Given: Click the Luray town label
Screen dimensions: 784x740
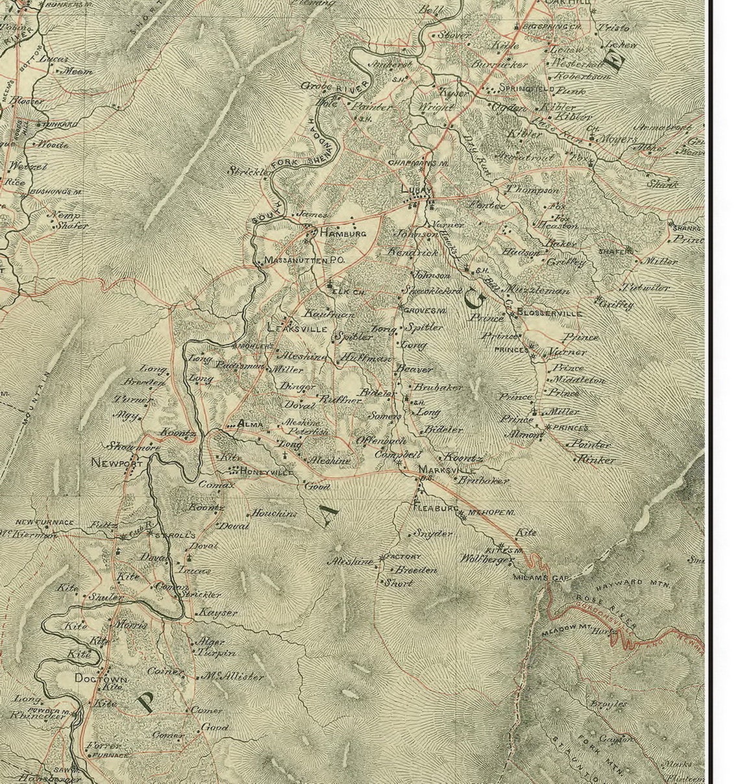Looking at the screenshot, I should tap(416, 190).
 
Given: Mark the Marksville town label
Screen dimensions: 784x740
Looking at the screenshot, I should tap(447, 469).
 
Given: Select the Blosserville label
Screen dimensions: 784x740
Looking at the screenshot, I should tap(550, 313).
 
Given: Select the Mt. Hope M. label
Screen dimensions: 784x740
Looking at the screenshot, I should tap(491, 513).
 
